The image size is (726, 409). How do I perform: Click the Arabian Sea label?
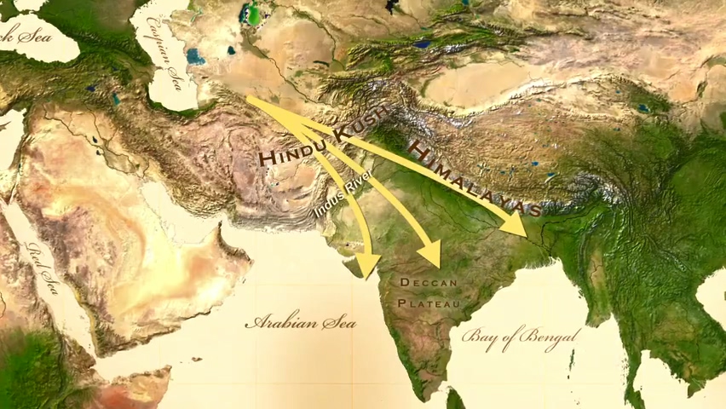pos(300,323)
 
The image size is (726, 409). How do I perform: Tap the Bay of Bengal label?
pos(519,335)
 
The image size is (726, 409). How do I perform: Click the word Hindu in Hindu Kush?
pos(293,154)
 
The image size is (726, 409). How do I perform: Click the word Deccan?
pos(429,282)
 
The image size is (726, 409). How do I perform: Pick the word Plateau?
pos(429,302)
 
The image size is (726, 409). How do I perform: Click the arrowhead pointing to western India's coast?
pos(367,266)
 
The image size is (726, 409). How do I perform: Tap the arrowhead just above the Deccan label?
pos(430,253)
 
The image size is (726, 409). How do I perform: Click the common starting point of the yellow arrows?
pos(248,99)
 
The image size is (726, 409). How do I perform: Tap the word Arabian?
pos(274,323)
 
